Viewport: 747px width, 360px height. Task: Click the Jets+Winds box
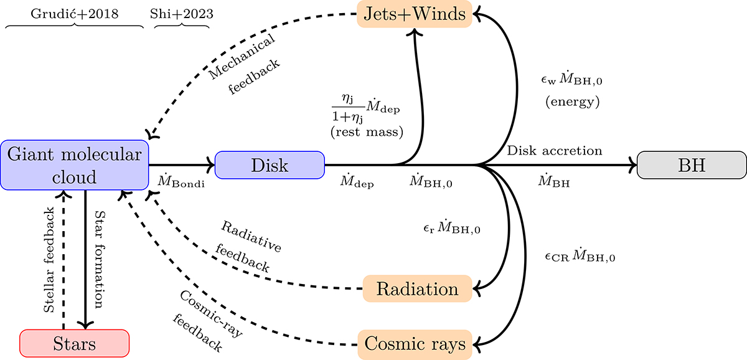(414, 14)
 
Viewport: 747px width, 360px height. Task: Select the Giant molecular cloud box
(74, 164)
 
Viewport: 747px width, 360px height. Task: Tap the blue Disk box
(270, 165)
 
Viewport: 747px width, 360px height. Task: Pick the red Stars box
(74, 343)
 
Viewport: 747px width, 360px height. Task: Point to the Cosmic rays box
(414, 343)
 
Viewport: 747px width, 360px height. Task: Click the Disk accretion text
(555, 151)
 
